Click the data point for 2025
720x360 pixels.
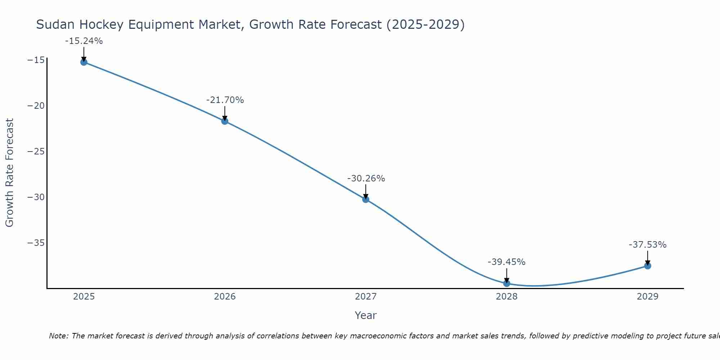coord(84,62)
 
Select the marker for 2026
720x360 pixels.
coord(225,121)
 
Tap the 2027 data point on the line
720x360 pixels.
coord(366,199)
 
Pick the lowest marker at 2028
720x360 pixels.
coord(507,283)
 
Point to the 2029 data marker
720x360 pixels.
coord(648,266)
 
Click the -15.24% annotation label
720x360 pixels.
coord(84,41)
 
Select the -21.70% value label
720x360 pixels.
coord(225,100)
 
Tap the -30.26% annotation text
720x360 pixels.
coord(366,179)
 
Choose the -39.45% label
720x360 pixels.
coord(507,262)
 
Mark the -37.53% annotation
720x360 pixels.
coord(648,245)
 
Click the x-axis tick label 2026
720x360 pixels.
coord(225,297)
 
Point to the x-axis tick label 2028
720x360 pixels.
coord(507,297)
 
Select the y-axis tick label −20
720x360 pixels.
coord(36,106)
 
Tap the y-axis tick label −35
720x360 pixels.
coord(36,243)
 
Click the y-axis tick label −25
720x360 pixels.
coord(36,152)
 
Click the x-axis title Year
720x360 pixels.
coord(365,315)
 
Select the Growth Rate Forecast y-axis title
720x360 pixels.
coord(9,172)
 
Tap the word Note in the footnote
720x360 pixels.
coord(58,336)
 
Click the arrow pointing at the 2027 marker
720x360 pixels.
coord(366,192)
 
